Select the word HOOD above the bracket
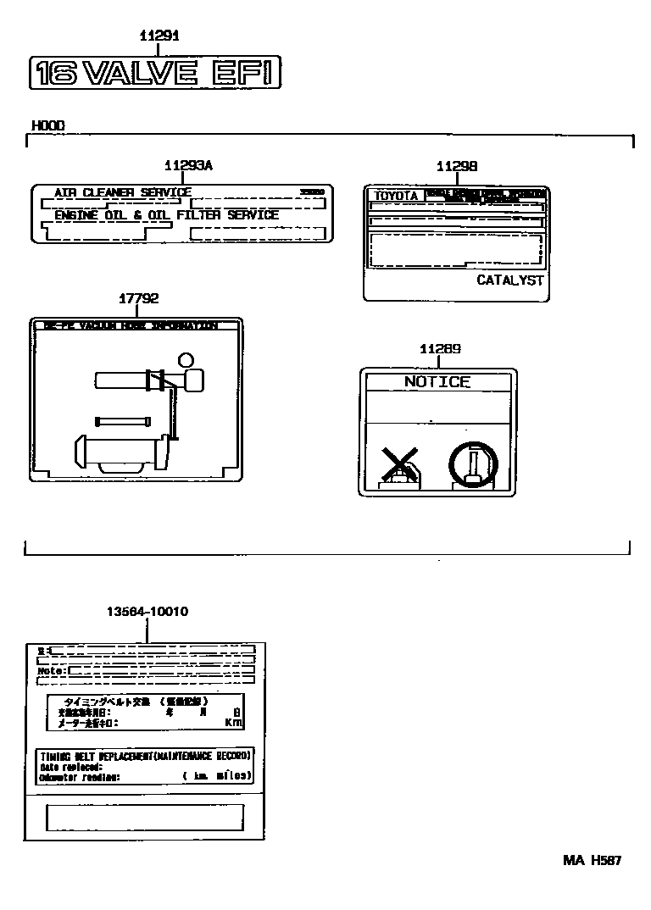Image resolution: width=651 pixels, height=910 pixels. (48, 125)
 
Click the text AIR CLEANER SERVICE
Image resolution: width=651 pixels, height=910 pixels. (123, 192)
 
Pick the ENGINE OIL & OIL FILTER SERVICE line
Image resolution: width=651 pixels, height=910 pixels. (166, 215)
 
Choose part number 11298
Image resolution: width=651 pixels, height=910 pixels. (456, 167)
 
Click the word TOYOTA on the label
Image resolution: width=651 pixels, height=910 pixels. (397, 196)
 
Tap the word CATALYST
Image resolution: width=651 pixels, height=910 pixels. (509, 280)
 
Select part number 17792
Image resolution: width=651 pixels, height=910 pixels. (138, 298)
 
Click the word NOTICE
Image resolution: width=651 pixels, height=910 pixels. (437, 382)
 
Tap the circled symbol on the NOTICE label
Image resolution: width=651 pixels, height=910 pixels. (474, 465)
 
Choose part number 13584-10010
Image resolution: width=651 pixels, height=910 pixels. (147, 611)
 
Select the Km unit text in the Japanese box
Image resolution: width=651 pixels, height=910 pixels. (233, 723)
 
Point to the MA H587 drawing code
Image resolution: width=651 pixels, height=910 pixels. (593, 860)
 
